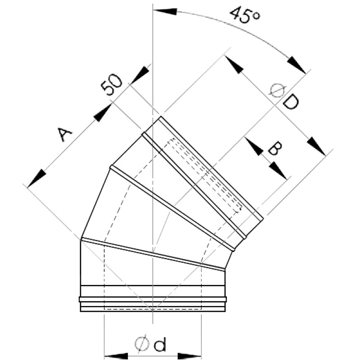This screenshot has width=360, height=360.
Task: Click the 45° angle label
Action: click(x=245, y=16)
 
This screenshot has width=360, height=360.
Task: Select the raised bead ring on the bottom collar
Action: click(x=153, y=299)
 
